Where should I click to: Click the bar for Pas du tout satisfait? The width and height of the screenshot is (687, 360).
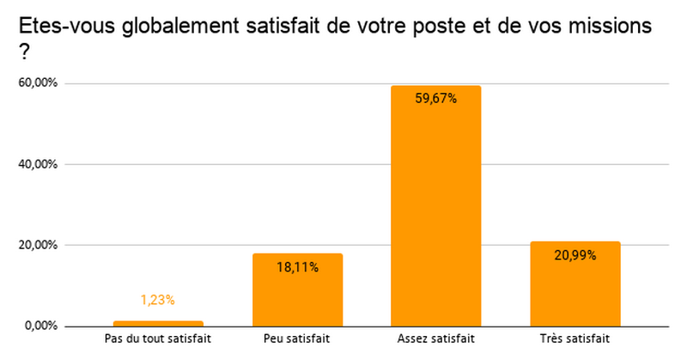click(x=158, y=323)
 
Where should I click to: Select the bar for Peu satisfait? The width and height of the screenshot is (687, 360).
click(x=297, y=292)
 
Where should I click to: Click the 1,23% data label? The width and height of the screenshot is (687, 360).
click(x=158, y=300)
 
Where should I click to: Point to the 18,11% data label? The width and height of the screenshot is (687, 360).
click(x=297, y=267)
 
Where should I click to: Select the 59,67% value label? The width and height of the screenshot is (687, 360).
click(x=436, y=99)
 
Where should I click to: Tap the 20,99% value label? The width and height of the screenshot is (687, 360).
click(x=575, y=254)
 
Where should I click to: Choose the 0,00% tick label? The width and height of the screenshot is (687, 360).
click(x=40, y=326)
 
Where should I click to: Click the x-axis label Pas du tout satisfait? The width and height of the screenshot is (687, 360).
click(x=158, y=339)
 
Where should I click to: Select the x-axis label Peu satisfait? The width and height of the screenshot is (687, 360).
click(x=297, y=339)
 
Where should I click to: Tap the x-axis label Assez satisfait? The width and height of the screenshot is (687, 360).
click(x=436, y=339)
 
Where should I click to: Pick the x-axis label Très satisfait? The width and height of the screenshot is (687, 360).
click(x=575, y=339)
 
